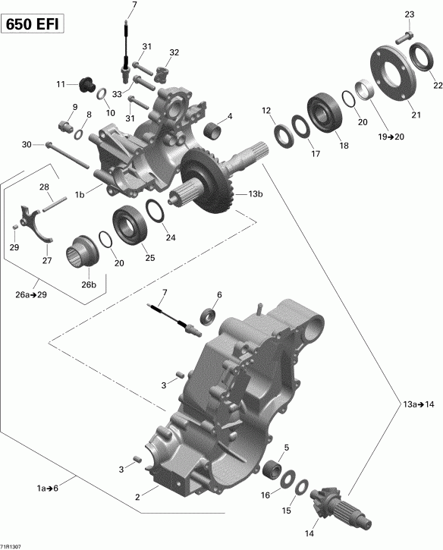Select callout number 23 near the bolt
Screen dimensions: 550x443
pyautogui.click(x=409, y=14)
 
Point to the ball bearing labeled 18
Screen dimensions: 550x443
pyautogui.click(x=324, y=109)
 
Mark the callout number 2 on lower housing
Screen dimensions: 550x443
pyautogui.click(x=138, y=498)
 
